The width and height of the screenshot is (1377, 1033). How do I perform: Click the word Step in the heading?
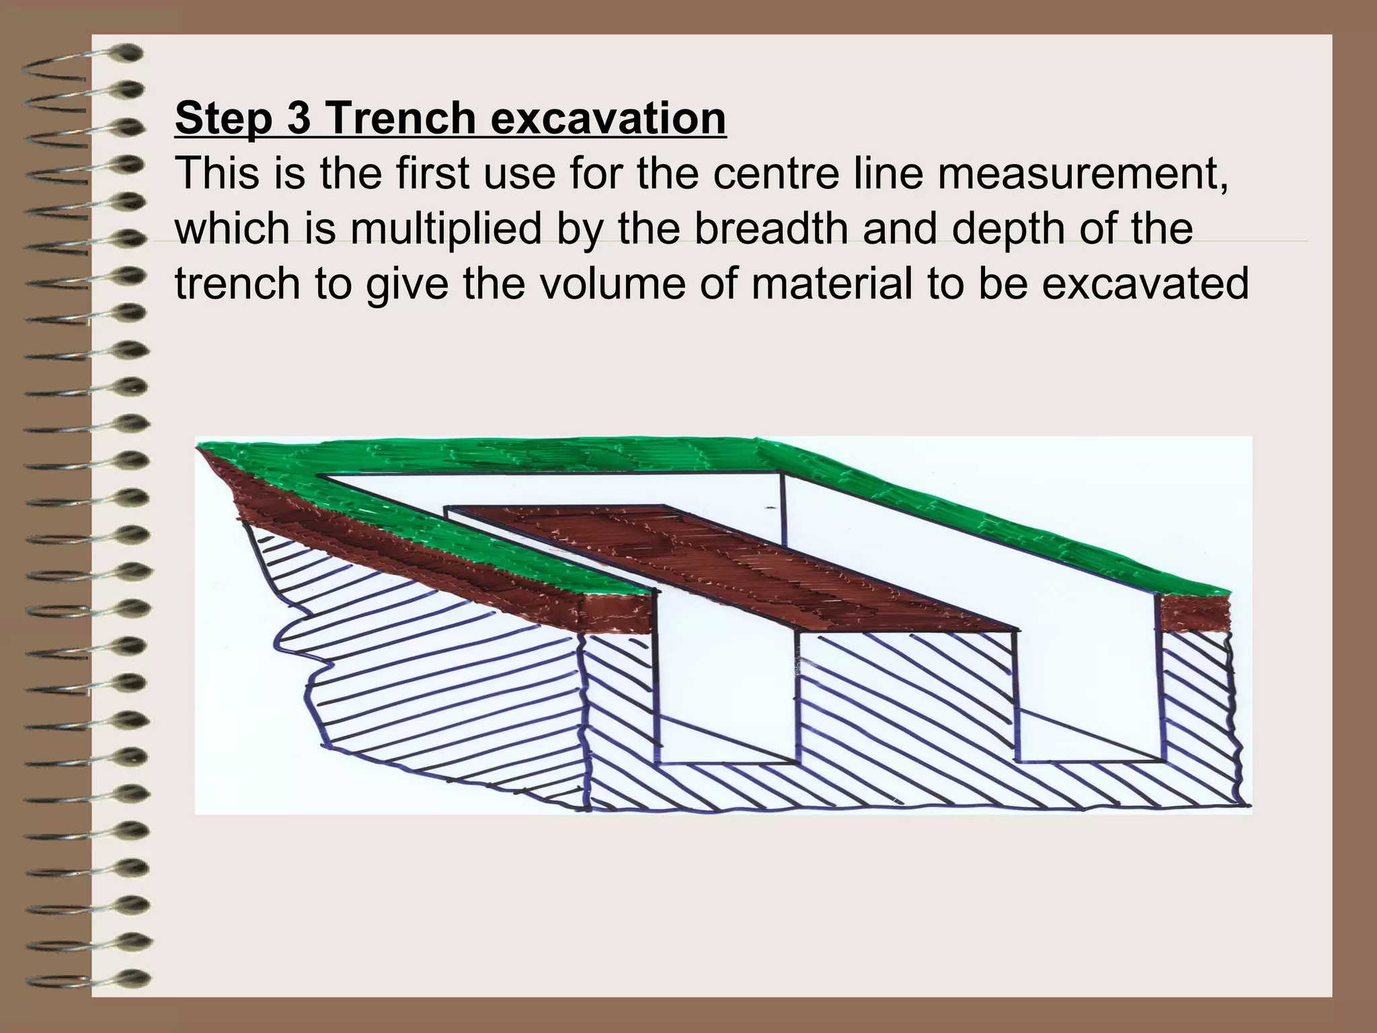coord(223,118)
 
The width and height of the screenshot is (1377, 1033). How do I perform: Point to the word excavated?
coord(1145,284)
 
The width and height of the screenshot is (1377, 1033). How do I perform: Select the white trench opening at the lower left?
coord(726,699)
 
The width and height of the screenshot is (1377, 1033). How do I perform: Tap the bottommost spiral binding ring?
coord(87,979)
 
